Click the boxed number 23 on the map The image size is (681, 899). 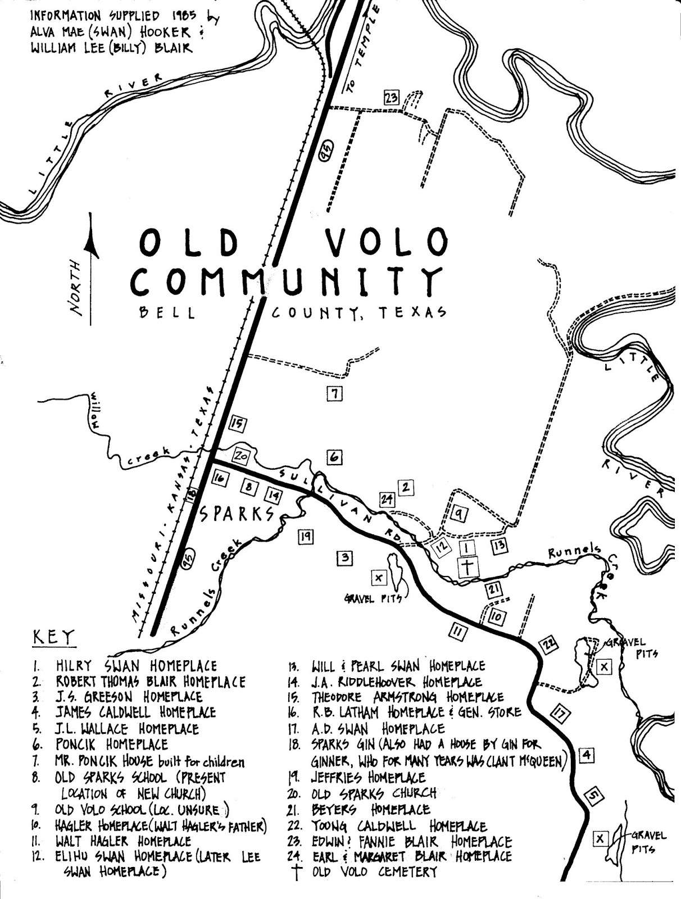pos(391,98)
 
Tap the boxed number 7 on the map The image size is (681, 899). pos(335,394)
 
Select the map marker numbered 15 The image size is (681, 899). pos(238,424)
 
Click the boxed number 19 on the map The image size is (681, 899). pos(306,537)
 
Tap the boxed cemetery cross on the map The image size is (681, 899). pos(467,567)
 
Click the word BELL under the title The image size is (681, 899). pos(168,314)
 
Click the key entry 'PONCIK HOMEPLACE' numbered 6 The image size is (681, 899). pos(112,745)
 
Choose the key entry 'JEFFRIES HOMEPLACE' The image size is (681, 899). pos(368,778)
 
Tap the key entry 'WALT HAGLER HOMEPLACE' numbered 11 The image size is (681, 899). pos(123,842)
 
